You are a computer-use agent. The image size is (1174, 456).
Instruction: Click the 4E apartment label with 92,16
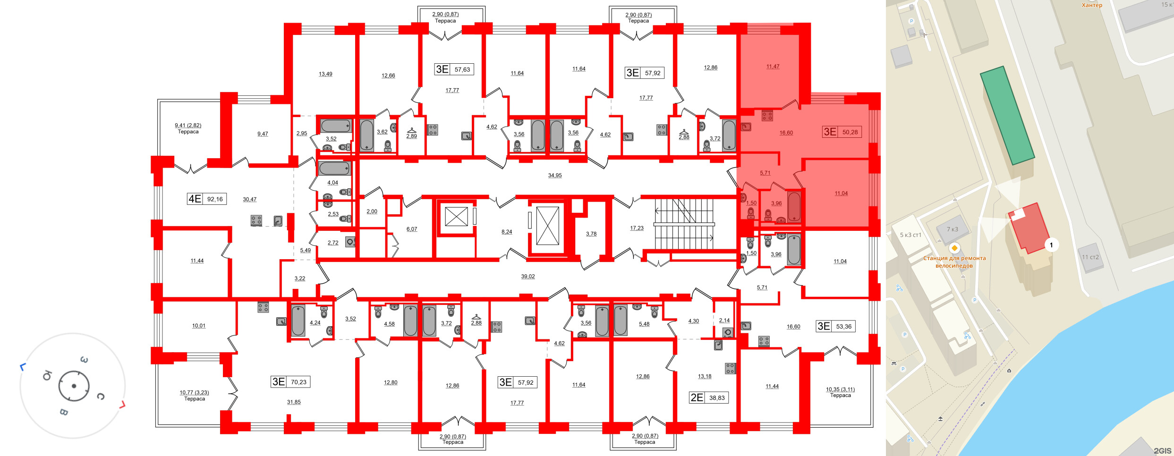click(207, 199)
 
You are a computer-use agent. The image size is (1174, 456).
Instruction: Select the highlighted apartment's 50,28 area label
click(842, 132)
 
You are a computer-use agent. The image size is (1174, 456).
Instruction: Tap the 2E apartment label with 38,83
click(708, 397)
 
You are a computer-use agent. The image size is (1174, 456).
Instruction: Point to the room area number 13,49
click(325, 74)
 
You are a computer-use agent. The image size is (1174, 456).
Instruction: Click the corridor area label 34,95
click(555, 176)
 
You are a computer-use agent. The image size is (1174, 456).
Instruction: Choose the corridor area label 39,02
click(528, 277)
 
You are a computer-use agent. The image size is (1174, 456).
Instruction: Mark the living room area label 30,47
click(250, 200)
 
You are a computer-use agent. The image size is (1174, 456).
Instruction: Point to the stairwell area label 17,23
click(637, 228)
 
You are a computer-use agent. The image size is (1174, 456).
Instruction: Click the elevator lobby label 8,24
click(507, 232)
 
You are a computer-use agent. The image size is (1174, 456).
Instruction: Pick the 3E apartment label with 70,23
click(290, 382)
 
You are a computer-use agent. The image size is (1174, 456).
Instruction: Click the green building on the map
click(1007, 115)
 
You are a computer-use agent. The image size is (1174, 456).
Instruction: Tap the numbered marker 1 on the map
click(1051, 245)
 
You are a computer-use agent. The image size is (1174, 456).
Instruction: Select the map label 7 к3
click(953, 229)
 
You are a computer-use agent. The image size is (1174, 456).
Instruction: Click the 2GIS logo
click(1162, 451)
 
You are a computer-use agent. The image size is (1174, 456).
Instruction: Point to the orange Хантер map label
click(1092, 5)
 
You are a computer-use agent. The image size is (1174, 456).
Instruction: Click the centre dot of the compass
click(74, 386)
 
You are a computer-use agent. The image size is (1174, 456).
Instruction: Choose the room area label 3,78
click(591, 234)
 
